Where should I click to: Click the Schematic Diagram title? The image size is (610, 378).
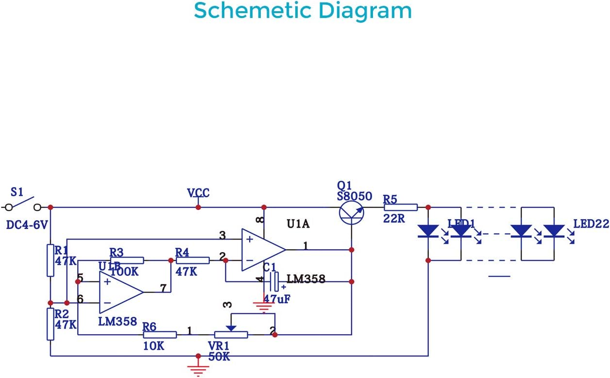tap(303, 11)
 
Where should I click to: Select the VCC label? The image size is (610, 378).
tap(198, 193)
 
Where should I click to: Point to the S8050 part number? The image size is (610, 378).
tap(355, 197)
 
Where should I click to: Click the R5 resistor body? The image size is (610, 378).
tap(401, 207)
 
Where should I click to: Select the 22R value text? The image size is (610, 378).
tap(394, 218)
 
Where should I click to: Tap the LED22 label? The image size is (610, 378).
tap(591, 224)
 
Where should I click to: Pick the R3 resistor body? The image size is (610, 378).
tap(127, 260)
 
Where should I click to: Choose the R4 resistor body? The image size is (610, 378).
tap(193, 260)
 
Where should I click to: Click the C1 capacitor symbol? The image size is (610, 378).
tap(274, 281)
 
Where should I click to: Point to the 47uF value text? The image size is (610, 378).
tap(277, 299)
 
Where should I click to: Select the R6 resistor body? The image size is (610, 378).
tap(160, 334)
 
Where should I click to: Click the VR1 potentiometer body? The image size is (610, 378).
tap(231, 334)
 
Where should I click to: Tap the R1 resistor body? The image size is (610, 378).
tap(51, 260)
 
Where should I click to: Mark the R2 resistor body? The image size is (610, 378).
tap(51, 324)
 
